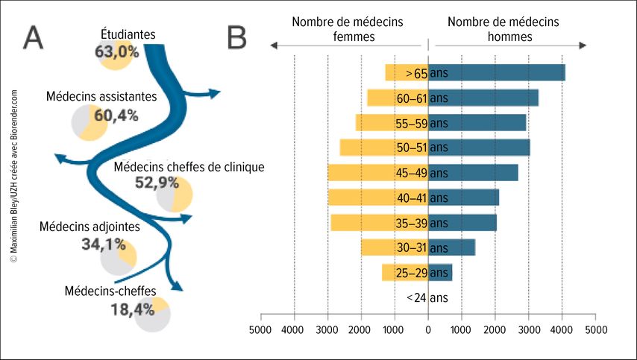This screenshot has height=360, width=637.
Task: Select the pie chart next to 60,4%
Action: coord(88,122)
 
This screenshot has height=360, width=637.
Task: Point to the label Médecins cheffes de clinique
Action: coord(189,167)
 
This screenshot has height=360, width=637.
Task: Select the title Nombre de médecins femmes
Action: coord(348,29)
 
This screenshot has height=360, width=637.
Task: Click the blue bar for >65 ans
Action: coord(497,73)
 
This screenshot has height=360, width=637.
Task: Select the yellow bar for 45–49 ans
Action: coord(362,173)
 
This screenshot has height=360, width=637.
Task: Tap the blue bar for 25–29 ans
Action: coord(440,273)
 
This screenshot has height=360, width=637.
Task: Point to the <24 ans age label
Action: coord(427,298)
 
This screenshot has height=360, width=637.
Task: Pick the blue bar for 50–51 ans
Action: coord(479,148)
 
